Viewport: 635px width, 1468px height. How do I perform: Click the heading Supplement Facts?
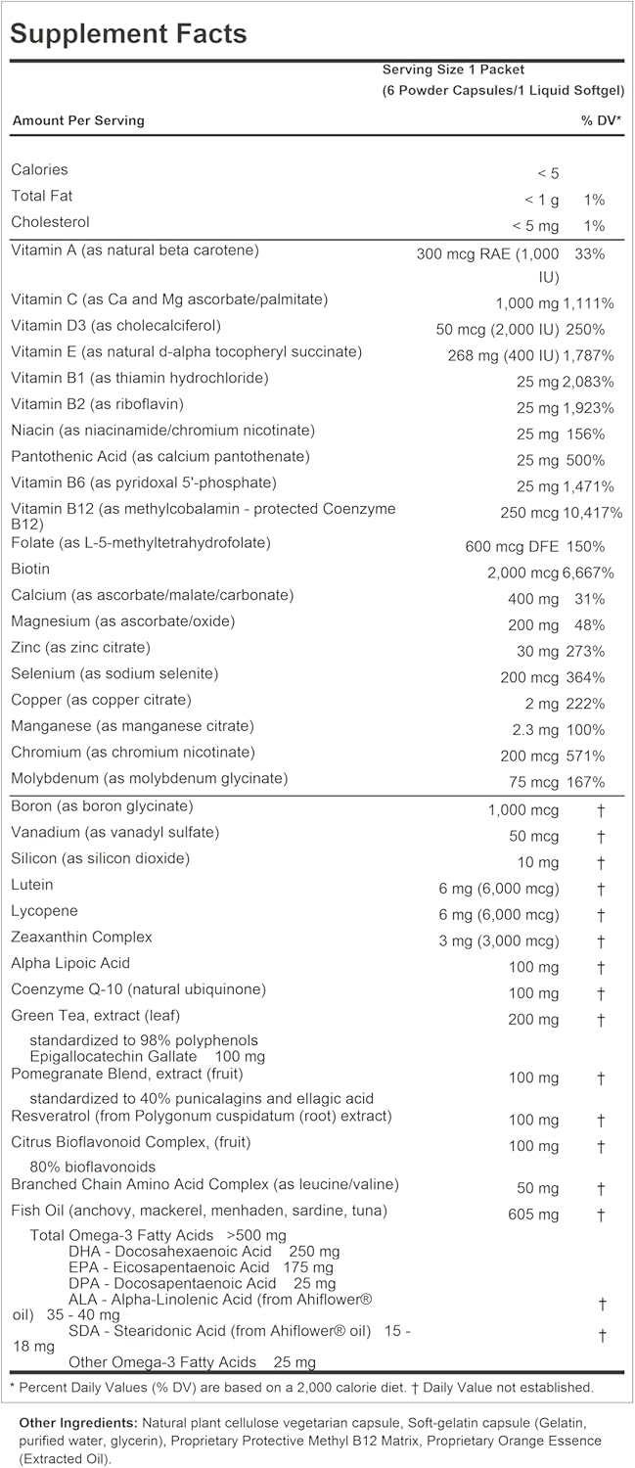pos(128,33)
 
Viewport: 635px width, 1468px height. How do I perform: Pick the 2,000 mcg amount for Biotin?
pos(521,573)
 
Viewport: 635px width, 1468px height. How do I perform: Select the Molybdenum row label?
pos(149,779)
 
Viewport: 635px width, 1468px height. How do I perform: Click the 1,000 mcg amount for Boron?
pos(523,810)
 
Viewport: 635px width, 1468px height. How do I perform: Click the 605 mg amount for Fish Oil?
pos(534,1215)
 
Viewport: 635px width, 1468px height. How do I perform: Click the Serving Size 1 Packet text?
pos(453,69)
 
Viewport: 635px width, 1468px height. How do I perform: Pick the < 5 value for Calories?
pos(548,173)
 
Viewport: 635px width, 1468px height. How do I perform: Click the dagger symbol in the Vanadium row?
pos(602,837)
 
